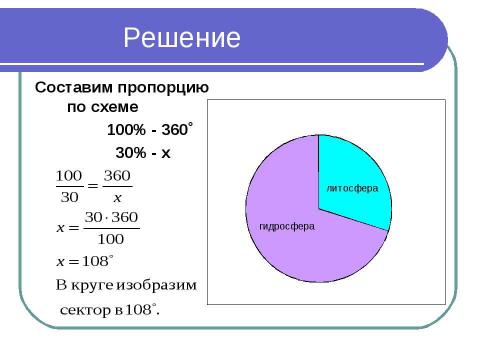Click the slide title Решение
182,39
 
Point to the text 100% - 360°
149,130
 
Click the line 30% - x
143,153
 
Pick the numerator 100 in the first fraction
70,175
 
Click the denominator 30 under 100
70,196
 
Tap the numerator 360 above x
117,175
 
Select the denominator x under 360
117,197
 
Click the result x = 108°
84,262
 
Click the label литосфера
350,187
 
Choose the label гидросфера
287,226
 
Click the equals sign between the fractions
93,186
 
